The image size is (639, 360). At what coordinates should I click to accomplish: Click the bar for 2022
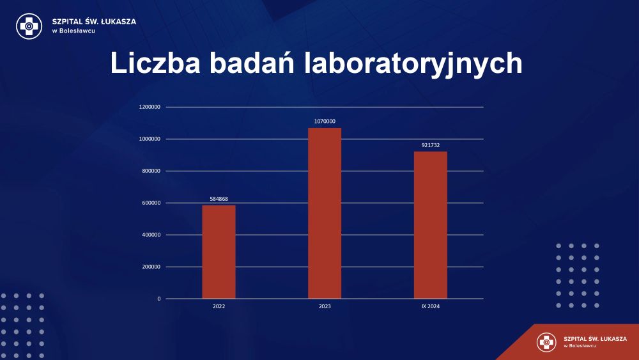[219, 252]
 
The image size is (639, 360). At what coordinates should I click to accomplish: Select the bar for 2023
[325, 213]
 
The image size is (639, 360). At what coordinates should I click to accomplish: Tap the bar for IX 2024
[431, 225]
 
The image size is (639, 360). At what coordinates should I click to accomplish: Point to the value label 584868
[219, 199]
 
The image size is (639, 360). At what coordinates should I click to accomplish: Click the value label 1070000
[325, 121]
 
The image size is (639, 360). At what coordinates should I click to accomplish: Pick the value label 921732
[431, 145]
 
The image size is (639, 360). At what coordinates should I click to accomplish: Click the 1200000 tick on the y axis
[150, 107]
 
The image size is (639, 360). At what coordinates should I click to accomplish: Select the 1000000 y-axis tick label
[150, 139]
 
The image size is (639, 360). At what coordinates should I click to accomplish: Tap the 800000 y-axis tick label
[151, 171]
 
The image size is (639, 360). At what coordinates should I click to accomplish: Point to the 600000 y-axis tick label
[151, 203]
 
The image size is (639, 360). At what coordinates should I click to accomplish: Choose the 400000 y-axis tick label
[151, 235]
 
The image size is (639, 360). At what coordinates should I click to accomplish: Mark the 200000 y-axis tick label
[151, 267]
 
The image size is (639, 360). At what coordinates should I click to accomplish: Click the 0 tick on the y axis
[159, 299]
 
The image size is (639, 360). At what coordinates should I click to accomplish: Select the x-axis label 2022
[219, 306]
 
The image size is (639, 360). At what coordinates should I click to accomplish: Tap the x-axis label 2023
[325, 306]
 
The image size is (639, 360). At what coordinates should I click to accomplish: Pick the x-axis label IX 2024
[431, 306]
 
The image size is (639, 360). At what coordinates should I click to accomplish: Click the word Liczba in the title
[155, 63]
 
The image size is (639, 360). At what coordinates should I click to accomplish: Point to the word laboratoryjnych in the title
[413, 64]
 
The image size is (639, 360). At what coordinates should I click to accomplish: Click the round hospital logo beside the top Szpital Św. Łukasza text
[29, 26]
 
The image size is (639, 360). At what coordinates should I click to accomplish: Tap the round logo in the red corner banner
[546, 342]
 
